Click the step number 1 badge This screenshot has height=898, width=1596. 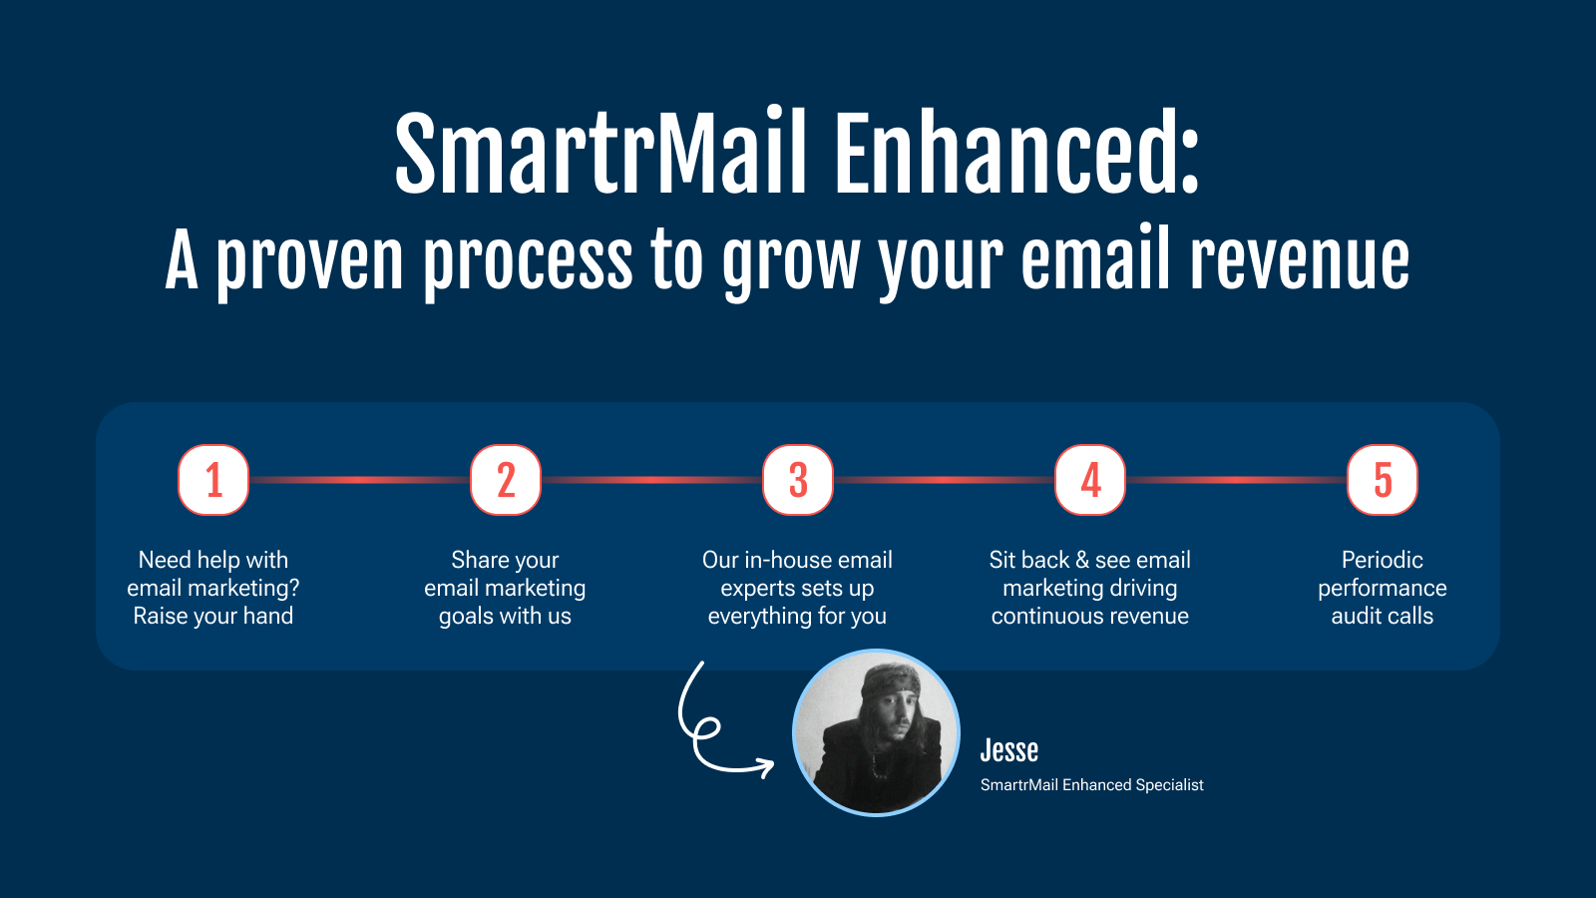213,480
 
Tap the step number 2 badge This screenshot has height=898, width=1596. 506,480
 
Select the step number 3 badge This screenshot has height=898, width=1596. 798,480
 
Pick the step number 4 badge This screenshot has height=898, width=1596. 1090,480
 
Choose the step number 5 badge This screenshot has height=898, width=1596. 1383,480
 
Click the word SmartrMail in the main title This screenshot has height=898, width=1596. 600,152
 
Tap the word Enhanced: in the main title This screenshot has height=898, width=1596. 1017,152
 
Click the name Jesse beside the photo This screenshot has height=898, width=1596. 1008,749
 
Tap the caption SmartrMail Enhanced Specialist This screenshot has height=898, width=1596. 1091,784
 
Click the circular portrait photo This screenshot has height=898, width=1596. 877,732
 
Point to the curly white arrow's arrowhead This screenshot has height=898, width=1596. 766,767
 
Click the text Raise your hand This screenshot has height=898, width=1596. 213,616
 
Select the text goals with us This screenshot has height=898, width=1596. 505,616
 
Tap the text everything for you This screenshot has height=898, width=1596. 797,616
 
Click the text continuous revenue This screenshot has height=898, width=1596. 1090,616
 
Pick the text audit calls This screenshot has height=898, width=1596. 1383,616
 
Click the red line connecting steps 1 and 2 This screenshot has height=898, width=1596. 360,480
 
